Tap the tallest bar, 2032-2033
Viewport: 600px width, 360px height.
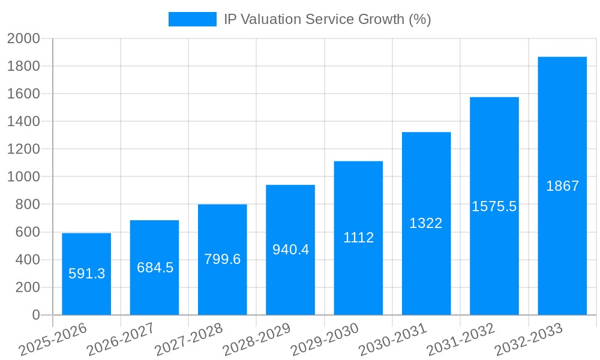pyautogui.click(x=562, y=240)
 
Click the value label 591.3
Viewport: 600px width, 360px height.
pyautogui.click(x=86, y=274)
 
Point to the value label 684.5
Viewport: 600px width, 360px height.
pyautogui.click(x=155, y=268)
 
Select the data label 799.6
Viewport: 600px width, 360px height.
pyautogui.click(x=222, y=259)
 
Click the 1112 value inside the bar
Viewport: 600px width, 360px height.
pyautogui.click(x=358, y=238)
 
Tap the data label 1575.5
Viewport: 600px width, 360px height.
pyautogui.click(x=494, y=206)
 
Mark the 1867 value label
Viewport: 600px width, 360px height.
pyautogui.click(x=562, y=186)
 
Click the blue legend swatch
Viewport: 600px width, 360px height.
pyautogui.click(x=192, y=19)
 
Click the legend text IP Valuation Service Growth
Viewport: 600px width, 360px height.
pyautogui.click(x=327, y=19)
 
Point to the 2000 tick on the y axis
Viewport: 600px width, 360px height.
pyautogui.click(x=23, y=38)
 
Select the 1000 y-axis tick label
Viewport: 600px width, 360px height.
pyautogui.click(x=23, y=177)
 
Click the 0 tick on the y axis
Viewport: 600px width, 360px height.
pyautogui.click(x=35, y=315)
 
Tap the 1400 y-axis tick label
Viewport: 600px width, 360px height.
pyautogui.click(x=23, y=121)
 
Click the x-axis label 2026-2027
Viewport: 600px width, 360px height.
pyautogui.click(x=121, y=340)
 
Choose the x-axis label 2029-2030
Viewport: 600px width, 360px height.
pyautogui.click(x=325, y=340)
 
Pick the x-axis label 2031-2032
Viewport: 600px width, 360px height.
pyautogui.click(x=461, y=340)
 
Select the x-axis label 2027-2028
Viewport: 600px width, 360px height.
pyautogui.click(x=188, y=340)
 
